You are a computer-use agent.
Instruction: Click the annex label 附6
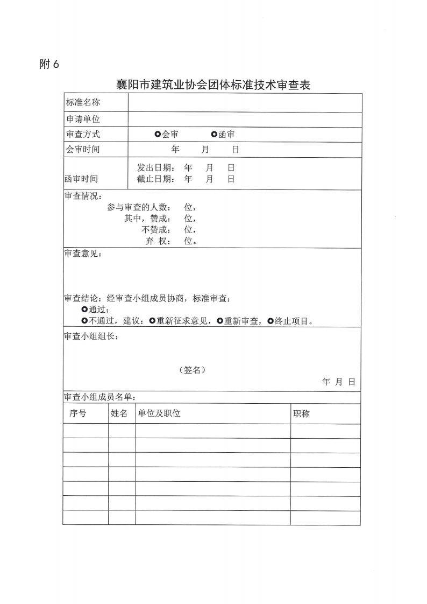pos(49,64)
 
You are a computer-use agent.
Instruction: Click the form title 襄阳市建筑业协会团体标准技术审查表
pos(214,85)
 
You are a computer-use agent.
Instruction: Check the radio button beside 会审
pos(157,135)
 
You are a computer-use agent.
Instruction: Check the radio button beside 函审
pos(214,135)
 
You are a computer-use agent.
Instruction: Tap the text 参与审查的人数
pos(139,207)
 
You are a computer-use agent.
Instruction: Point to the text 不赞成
pos(155,230)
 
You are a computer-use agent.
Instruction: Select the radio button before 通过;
pos(84,310)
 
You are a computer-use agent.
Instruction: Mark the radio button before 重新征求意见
pos(152,321)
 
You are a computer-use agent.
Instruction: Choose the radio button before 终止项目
pos(270,321)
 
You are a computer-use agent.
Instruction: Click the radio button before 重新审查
pos(220,321)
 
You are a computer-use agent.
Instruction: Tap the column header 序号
pos(78,413)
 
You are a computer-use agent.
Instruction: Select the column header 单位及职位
pos(159,413)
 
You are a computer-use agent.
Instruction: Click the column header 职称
pos(301,414)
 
